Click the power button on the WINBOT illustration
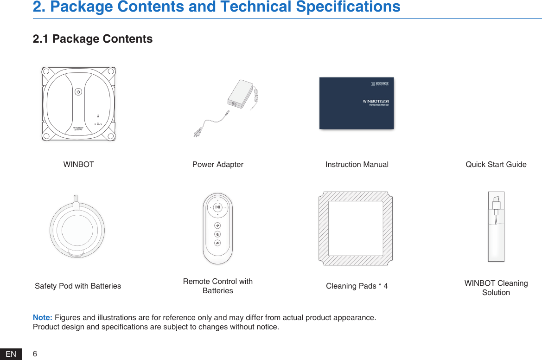pos(78,92)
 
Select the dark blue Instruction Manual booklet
pos(356,103)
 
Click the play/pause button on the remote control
pos(217,207)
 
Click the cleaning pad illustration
pos(355,228)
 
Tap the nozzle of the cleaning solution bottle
pos(496,203)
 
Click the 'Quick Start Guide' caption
pos(496,164)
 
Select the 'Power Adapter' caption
pos(217,164)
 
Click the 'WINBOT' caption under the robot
pos(78,164)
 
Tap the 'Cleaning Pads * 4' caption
pos(357,286)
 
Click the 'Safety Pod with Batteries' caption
pos(78,286)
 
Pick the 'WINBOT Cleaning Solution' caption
pos(496,288)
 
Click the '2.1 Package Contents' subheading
pos(92,39)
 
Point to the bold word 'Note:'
pos(43,317)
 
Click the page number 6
pos(35,354)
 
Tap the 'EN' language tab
pos(11,354)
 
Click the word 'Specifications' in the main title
pos(348,6)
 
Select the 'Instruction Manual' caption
pos(357,164)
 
